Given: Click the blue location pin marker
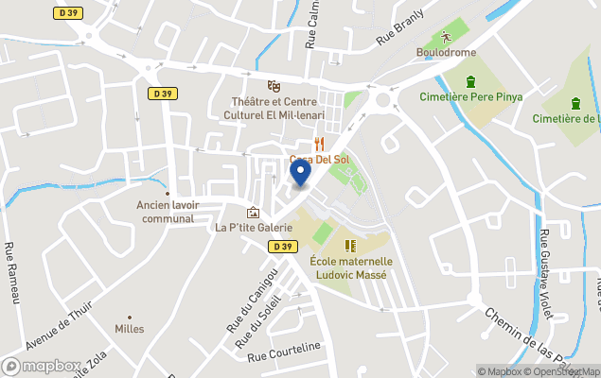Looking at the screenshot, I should coord(300,173).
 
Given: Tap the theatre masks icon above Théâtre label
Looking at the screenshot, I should coord(274,86).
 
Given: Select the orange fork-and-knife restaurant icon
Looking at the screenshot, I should coord(320,144).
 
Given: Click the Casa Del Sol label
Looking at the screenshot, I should coord(320,159).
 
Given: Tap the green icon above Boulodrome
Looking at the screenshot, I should coord(445,37).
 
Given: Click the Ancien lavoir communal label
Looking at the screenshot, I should coord(166,212).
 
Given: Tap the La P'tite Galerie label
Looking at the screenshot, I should coord(254,228).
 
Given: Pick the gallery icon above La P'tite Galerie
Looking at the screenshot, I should coord(253,214).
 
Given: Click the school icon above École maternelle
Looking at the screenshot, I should coord(350,246).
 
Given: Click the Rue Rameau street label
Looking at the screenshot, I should coord(12,273).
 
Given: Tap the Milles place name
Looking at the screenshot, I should coord(129,329).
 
